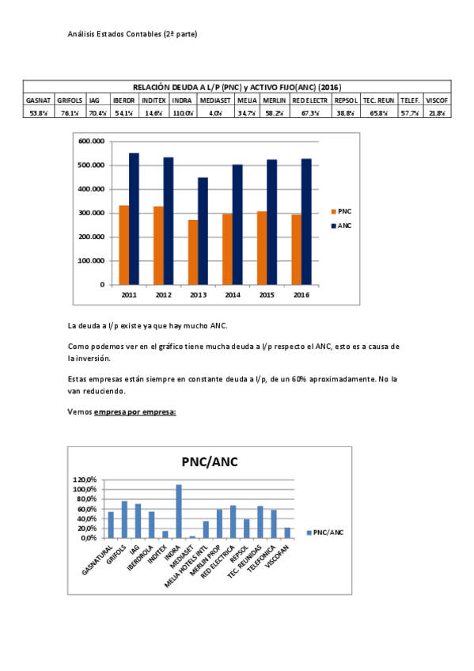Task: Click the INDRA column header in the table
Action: [181, 100]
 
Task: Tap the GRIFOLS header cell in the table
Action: [70, 100]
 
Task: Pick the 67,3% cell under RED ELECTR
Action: [310, 113]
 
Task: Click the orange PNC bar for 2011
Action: [124, 245]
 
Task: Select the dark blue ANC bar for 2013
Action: [203, 230]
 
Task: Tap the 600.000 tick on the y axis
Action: [92, 141]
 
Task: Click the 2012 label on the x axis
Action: [164, 294]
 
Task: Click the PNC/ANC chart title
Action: [210, 461]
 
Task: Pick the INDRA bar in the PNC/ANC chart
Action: [179, 510]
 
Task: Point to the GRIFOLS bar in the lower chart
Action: [124, 519]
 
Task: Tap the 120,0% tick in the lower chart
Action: [85, 480]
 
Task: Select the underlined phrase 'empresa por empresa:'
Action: [135, 412]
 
